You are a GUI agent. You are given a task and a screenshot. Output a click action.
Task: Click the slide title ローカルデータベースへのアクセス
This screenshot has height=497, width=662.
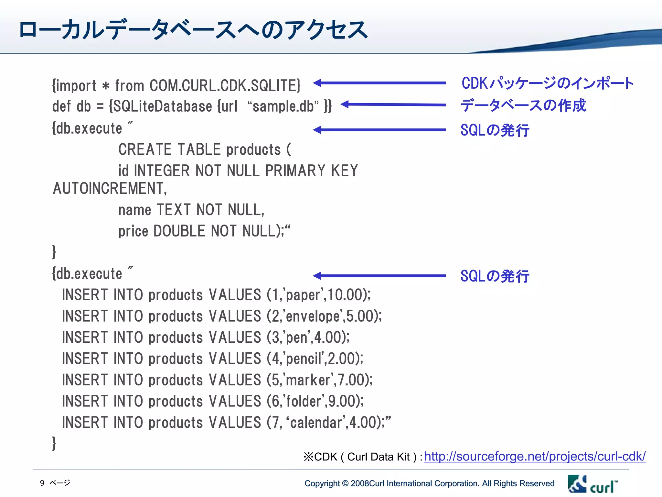point(193,30)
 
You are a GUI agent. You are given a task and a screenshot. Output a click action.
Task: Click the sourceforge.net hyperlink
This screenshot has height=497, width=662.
point(535,456)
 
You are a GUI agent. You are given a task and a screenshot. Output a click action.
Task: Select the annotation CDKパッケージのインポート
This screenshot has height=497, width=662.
point(547,83)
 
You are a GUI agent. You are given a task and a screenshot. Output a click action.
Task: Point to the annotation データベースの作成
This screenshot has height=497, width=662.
point(523,105)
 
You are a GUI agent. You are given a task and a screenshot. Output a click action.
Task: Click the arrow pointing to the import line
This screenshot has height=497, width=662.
point(379,83)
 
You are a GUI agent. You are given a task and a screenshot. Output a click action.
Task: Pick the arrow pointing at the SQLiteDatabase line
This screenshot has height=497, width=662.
point(393,105)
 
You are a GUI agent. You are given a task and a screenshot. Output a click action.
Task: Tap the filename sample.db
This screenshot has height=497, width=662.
point(283,106)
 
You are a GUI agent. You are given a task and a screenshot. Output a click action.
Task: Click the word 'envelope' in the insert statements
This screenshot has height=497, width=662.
point(313,316)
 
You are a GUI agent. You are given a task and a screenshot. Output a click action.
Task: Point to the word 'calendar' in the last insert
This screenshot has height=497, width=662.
point(316,423)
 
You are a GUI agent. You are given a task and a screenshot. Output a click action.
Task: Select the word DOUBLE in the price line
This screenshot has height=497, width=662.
point(179,231)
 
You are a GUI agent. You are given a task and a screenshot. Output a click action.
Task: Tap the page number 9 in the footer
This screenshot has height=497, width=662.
point(42,483)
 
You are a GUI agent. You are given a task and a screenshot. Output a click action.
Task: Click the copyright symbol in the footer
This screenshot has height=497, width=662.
point(345,483)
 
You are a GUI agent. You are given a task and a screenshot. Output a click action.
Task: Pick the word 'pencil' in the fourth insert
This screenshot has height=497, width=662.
point(304,359)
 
